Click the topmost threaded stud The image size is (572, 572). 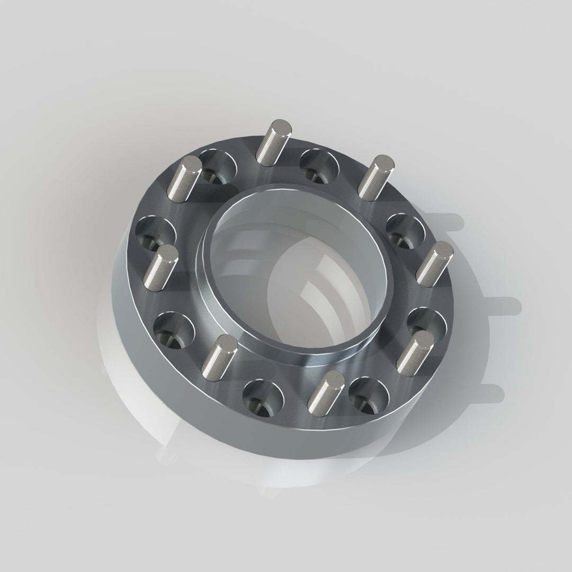[273, 142]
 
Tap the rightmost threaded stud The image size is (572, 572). [434, 263]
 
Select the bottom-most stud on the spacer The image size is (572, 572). [326, 390]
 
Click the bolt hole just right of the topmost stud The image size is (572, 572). [319, 165]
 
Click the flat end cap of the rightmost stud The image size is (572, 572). [442, 249]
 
